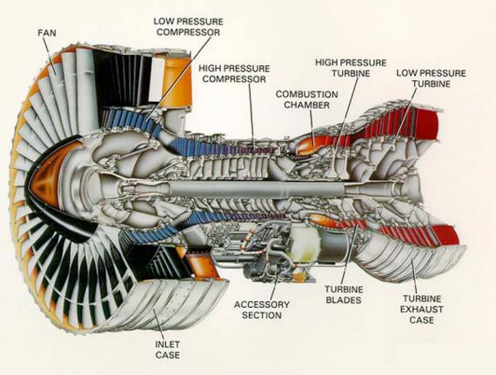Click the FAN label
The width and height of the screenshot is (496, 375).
tap(49, 32)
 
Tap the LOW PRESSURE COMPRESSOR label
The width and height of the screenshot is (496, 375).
tap(188, 26)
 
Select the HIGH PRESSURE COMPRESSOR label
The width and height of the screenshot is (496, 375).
tap(232, 72)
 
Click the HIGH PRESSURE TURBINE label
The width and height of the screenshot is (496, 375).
tap(348, 67)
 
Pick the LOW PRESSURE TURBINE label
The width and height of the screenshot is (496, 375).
tap(428, 78)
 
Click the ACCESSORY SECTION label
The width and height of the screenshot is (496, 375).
tap(258, 310)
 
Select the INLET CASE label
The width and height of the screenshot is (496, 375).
tap(168, 348)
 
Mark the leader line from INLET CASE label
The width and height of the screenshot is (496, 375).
tap(158, 322)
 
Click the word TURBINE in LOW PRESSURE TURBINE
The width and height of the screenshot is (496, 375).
tap(428, 84)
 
